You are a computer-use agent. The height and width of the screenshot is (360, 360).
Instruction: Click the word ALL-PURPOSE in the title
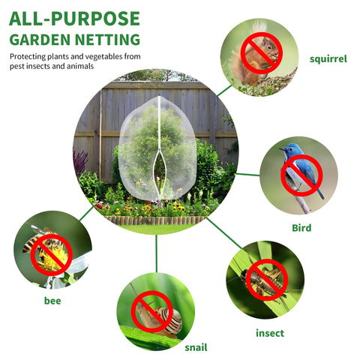coord(74,19)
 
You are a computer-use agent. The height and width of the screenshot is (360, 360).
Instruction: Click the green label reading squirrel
coord(328,59)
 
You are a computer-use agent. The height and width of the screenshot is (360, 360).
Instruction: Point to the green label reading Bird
coord(301,228)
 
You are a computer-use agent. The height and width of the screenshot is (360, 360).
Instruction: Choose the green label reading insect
coord(270,333)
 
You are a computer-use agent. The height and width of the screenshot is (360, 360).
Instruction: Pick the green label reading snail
coord(196,347)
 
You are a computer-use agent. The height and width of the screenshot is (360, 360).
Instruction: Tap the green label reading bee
coord(52,301)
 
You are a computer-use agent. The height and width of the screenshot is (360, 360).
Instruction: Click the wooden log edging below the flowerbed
coord(155,220)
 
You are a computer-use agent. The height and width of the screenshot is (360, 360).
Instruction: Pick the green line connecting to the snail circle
coord(157,253)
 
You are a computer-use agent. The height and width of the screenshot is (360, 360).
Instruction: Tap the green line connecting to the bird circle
coord(247,174)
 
